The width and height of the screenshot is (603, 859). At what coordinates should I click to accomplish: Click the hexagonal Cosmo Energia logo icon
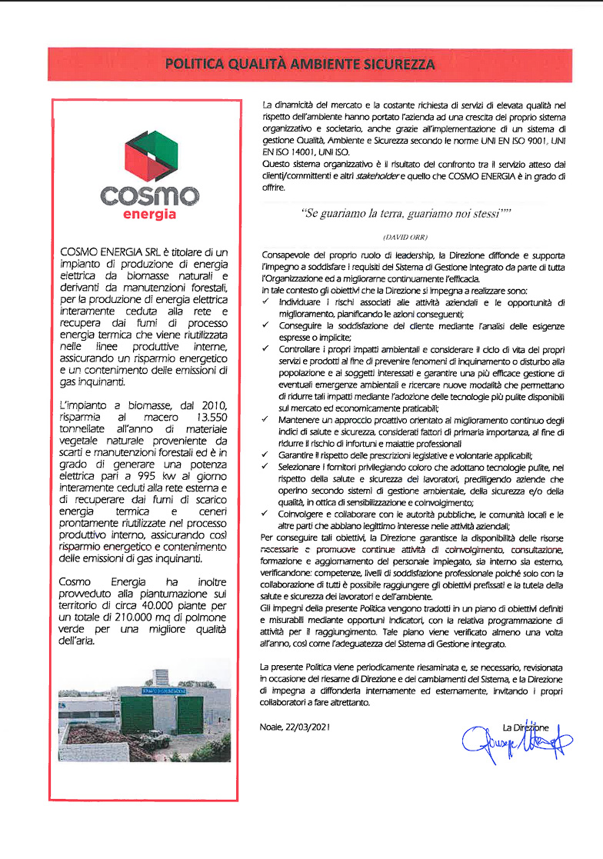point(145,158)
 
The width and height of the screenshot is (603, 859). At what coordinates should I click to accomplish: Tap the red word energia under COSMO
point(149,215)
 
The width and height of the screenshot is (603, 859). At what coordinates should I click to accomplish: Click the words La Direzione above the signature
point(525,727)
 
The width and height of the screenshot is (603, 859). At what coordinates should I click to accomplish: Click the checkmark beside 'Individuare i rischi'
point(265,302)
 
